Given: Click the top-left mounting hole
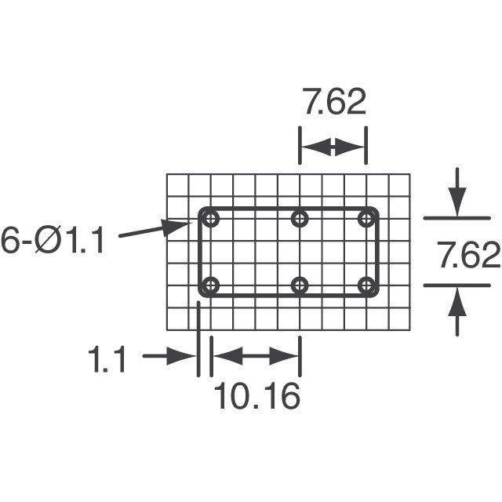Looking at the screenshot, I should [211, 219].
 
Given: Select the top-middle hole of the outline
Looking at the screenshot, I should [300, 219].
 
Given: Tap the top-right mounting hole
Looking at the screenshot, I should [366, 219].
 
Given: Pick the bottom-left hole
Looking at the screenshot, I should [211, 285].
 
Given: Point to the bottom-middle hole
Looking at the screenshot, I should [300, 285].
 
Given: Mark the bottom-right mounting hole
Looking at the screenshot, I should [366, 285].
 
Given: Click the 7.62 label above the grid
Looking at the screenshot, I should [334, 104].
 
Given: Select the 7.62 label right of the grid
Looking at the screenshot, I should [469, 256].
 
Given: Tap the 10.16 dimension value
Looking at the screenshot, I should [257, 396].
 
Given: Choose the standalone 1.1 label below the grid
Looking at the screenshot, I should [108, 361].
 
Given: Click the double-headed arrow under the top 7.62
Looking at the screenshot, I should [333, 147].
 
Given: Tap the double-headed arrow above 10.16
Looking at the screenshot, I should [256, 356].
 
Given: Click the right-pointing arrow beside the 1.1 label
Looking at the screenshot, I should [169, 356].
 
